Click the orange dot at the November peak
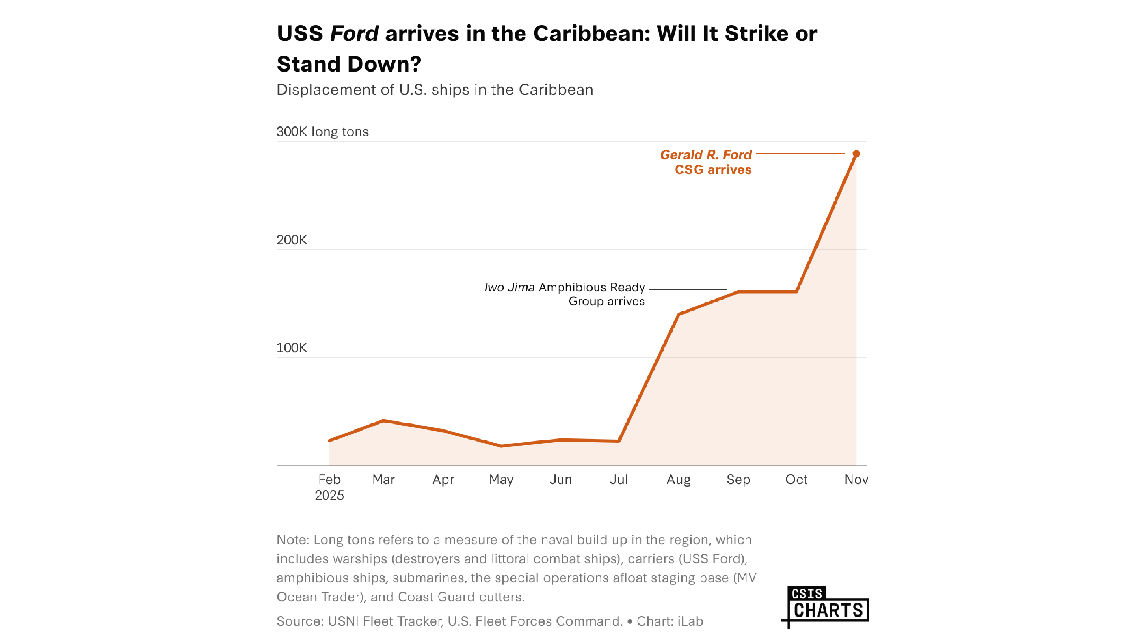pos(856,154)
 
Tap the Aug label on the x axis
pos(678,479)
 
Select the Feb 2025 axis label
pos(329,487)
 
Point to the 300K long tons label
pos(323,131)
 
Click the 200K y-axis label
pos(292,240)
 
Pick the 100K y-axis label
pos(292,348)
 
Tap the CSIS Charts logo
pos(826,606)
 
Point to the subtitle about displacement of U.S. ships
pos(435,90)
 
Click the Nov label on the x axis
pos(856,479)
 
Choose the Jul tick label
pos(618,479)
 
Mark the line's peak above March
pos(383,420)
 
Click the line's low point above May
pos(501,446)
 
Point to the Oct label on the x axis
pos(796,479)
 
